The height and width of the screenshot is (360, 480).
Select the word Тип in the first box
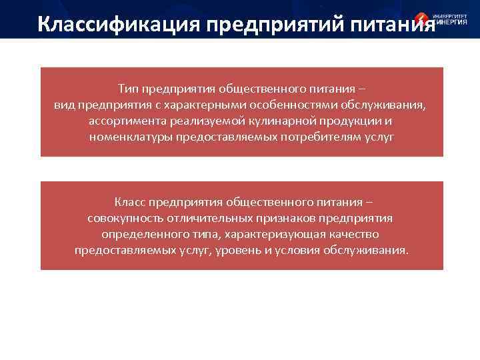[x=128, y=89]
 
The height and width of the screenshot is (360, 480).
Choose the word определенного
[x=141, y=234]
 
